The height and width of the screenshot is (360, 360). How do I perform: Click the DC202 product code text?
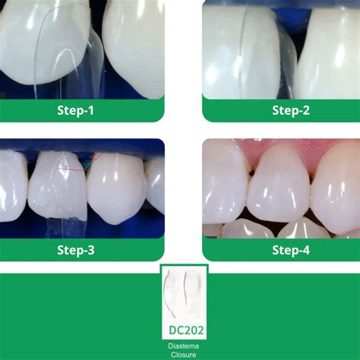tap(184, 330)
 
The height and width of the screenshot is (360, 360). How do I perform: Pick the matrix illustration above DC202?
tap(184, 296)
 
